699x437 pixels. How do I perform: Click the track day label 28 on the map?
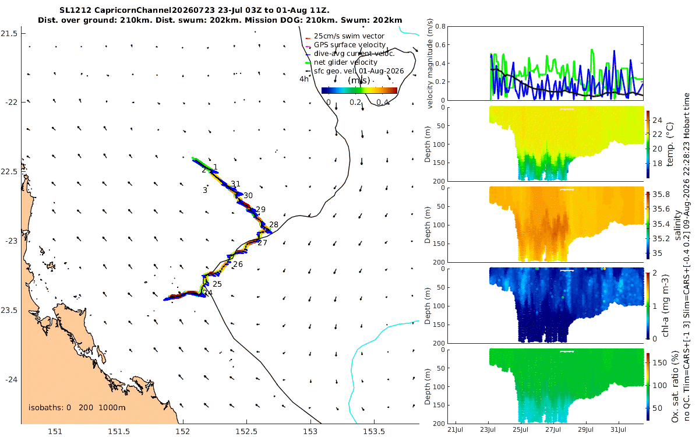[274, 224]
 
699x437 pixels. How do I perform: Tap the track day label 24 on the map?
[208, 292]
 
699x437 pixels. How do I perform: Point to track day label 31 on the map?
[235, 184]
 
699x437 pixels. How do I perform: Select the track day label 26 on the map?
[238, 265]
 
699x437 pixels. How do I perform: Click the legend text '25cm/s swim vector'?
[349, 36]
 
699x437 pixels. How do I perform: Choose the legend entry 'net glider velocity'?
[345, 62]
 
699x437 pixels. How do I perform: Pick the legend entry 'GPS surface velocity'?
[349, 45]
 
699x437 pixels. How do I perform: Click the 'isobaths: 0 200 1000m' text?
[77, 408]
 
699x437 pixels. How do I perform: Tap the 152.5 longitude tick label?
[246, 432]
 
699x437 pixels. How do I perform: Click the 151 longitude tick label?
[55, 432]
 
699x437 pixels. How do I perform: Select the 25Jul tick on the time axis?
[520, 429]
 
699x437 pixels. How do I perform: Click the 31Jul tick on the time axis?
[618, 429]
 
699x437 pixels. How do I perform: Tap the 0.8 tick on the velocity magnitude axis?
[440, 27]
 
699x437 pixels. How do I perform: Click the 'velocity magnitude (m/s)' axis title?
[430, 64]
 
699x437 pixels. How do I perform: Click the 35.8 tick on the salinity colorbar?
[661, 195]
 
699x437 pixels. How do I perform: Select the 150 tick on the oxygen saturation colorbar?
[659, 362]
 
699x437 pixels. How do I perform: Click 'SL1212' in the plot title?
[75, 10]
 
